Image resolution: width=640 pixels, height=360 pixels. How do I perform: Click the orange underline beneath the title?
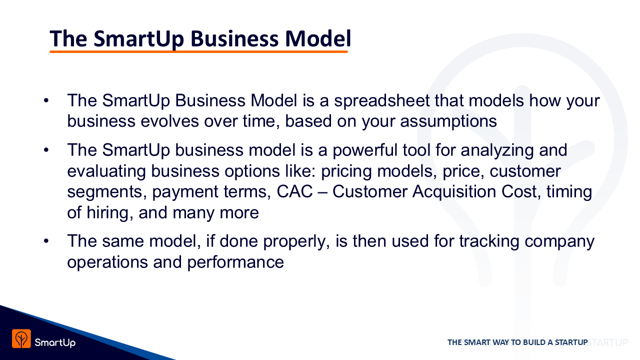point(198,51)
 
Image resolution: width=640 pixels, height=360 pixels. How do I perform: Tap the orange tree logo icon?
point(21,338)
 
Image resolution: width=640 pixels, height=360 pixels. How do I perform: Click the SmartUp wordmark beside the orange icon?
point(55,342)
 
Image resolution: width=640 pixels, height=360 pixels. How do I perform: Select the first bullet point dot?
point(46,100)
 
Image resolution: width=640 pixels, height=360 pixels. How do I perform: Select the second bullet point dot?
point(46,150)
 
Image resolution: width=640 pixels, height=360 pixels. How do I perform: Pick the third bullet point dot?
point(46,241)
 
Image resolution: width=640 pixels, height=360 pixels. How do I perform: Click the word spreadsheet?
point(382,101)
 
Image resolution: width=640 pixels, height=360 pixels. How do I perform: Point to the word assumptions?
point(448,121)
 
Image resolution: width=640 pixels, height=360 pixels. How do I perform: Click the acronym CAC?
point(294,191)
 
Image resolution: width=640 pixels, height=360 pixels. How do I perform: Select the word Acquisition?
point(454,191)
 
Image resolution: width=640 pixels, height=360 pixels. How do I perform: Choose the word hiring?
point(109,213)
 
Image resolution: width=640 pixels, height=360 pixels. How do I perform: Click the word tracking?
point(489,241)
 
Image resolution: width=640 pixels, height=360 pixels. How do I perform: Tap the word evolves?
point(169,121)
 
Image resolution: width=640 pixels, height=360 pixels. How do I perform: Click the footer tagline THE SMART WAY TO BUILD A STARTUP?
point(517,342)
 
